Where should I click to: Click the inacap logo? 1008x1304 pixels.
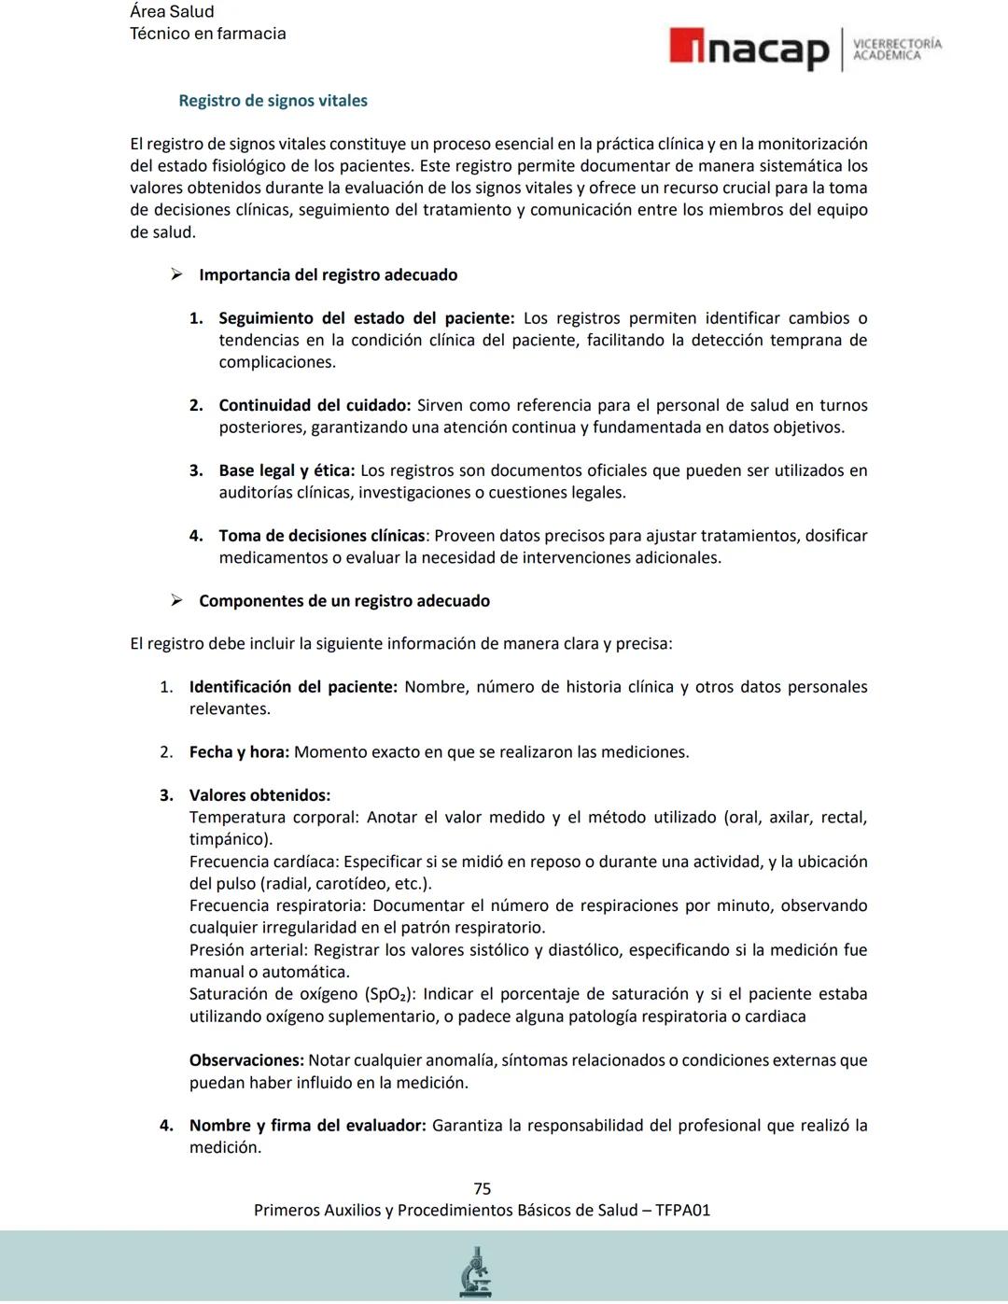click(x=749, y=49)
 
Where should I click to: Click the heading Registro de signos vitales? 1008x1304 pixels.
click(x=273, y=101)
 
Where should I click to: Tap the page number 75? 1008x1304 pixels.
click(x=482, y=1188)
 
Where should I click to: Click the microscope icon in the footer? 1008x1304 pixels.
click(x=476, y=1271)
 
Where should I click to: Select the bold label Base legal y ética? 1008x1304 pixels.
click(x=286, y=470)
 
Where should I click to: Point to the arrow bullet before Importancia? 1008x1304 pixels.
click(x=176, y=274)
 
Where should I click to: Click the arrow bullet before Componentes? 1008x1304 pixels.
click(x=176, y=600)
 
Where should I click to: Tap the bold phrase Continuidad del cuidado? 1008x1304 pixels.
click(x=314, y=405)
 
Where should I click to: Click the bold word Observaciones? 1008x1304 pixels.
click(x=245, y=1060)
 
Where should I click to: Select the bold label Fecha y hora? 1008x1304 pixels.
click(x=239, y=752)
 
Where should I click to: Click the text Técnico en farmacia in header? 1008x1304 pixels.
click(x=207, y=34)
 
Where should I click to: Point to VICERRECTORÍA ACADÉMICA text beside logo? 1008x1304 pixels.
click(x=897, y=49)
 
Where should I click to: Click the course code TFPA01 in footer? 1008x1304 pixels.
click(x=682, y=1210)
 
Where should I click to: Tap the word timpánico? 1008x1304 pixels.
click(x=230, y=839)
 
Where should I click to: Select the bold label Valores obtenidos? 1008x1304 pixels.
click(x=259, y=795)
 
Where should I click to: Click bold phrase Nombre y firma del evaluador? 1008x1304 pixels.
click(x=307, y=1126)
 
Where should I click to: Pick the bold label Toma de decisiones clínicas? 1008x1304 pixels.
click(x=322, y=536)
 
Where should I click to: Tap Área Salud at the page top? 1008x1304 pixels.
click(x=172, y=12)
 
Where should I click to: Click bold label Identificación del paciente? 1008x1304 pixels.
click(x=293, y=687)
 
